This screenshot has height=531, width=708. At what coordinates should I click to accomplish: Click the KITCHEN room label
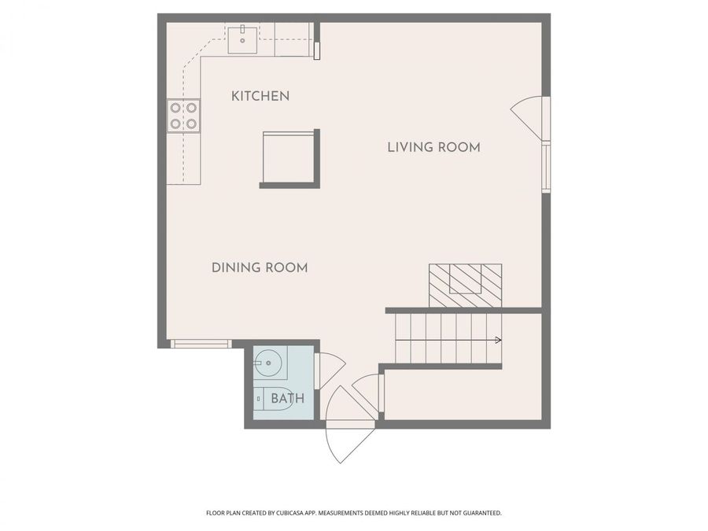pyautogui.click(x=260, y=96)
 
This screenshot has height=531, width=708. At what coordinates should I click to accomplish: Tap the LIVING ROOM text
pyautogui.click(x=433, y=147)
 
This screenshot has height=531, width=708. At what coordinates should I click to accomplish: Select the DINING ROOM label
pyautogui.click(x=260, y=267)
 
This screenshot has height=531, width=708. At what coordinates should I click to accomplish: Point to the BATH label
pyautogui.click(x=287, y=399)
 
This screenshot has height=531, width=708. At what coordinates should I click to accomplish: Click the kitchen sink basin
pyautogui.click(x=243, y=38)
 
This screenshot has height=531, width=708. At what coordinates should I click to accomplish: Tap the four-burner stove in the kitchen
pyautogui.click(x=183, y=116)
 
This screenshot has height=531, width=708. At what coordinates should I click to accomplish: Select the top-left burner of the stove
pyautogui.click(x=175, y=109)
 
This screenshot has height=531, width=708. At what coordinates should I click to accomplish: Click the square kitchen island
pyautogui.click(x=289, y=158)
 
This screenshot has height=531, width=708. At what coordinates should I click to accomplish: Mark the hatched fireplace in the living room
pyautogui.click(x=465, y=285)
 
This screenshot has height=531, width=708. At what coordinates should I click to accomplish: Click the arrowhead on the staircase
pyautogui.click(x=498, y=340)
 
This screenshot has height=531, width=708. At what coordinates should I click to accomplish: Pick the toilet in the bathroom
pyautogui.click(x=262, y=399)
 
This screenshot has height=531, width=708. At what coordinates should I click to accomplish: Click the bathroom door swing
pyautogui.click(x=330, y=371)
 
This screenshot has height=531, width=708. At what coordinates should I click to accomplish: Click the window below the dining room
pyautogui.click(x=201, y=344)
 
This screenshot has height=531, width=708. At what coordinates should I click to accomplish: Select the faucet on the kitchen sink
pyautogui.click(x=243, y=29)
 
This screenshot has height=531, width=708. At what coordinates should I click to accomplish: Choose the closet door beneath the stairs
pyautogui.click(x=367, y=391)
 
